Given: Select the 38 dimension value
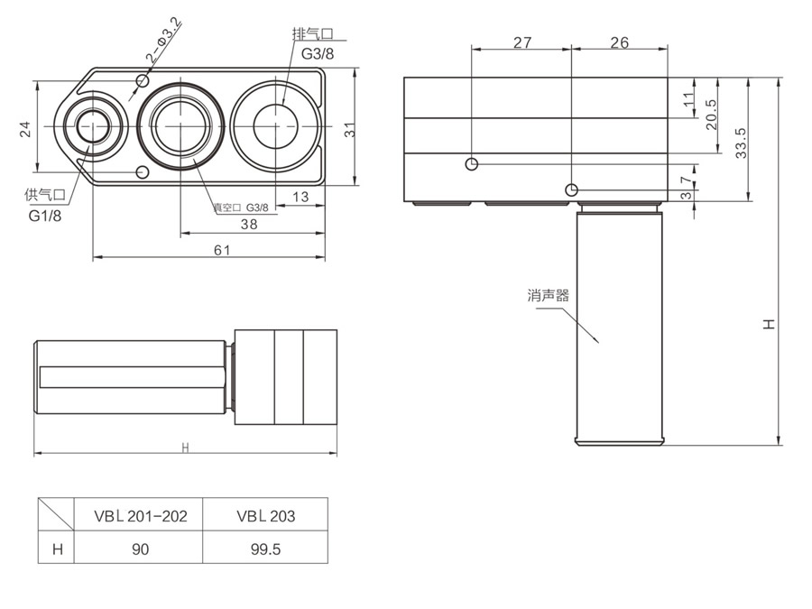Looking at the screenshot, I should pos(249,225).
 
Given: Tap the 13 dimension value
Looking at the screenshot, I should pos(300,196).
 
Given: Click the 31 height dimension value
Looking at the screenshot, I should pos(348,129).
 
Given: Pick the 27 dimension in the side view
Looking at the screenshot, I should pos(521,42).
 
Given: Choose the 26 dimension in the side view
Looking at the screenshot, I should pos(619,42).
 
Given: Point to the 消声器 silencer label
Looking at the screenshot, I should pos(549,295).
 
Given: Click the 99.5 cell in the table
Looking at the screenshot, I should pos(265,549).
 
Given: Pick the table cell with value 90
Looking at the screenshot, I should pos(140,549).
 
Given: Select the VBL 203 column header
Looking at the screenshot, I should pos(265,516).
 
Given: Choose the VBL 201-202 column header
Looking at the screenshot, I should pos(140,516).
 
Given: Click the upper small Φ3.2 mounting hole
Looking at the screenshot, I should pos(142,82).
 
